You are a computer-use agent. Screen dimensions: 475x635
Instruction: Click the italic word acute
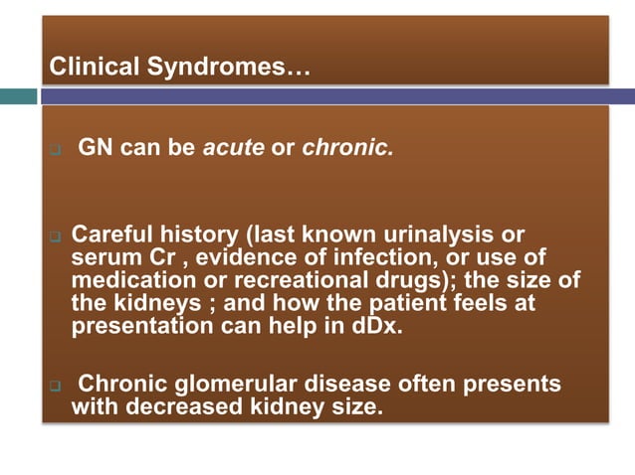pyautogui.click(x=234, y=150)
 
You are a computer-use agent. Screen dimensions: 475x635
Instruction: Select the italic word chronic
pyautogui.click(x=347, y=150)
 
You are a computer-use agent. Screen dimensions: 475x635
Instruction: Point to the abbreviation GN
pyautogui.click(x=95, y=150)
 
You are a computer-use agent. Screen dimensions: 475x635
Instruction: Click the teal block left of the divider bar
pyautogui.click(x=18, y=96)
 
